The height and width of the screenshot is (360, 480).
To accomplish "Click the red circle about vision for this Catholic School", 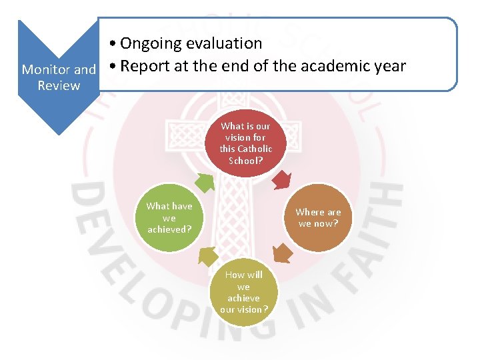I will coord(246,143).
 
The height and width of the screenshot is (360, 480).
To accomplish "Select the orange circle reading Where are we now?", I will coord(318,217).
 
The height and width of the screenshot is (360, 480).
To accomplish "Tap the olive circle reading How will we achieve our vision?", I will coord(244,292).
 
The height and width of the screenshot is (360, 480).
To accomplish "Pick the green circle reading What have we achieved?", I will coord(169,217).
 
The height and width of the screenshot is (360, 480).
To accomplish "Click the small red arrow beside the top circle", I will coord(283,179).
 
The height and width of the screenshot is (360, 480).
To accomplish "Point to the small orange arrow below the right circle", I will coord(283,253).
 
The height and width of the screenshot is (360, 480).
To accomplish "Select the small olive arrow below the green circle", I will coord(207,256).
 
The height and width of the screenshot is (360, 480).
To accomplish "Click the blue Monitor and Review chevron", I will coord(59,77).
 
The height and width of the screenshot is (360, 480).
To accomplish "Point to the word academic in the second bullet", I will coord(339,67).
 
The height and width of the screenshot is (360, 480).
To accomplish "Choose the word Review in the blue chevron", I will coord(59,85).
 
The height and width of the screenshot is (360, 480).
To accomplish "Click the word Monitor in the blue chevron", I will coord(46,69).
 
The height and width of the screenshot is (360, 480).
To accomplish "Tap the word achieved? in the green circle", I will coord(169,229).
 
